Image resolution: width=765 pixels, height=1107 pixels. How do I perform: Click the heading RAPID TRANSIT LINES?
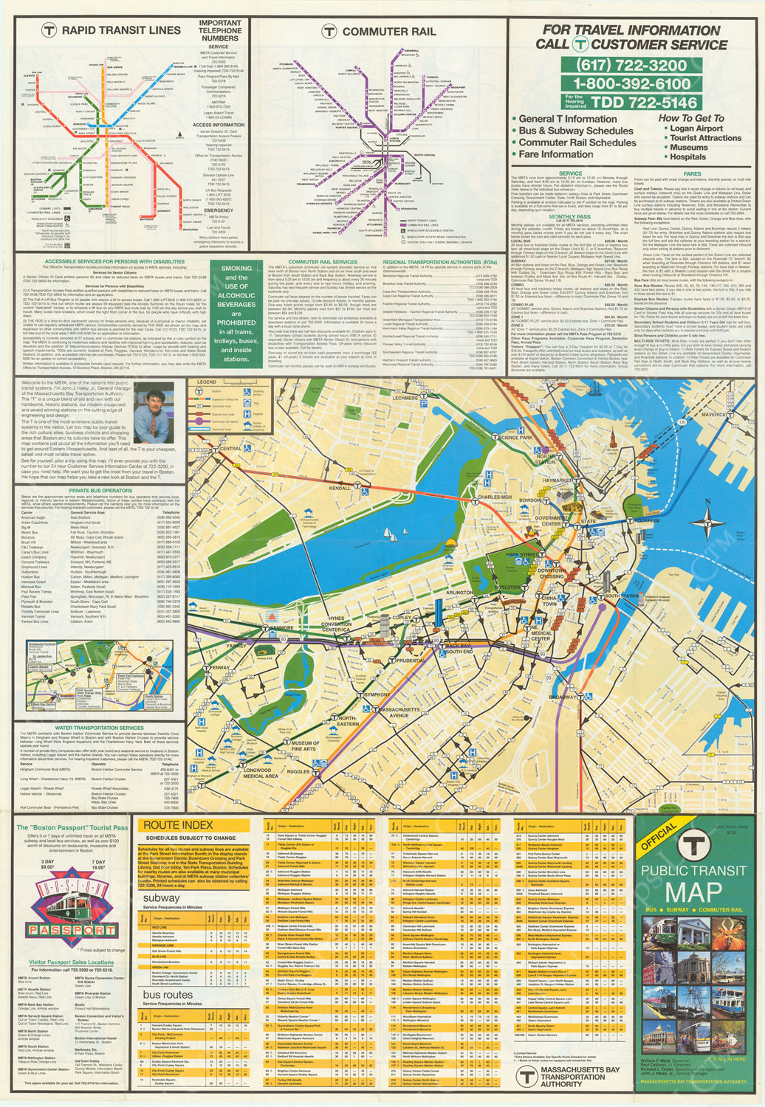[120, 30]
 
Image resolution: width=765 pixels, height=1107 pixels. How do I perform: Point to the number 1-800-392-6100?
[632, 84]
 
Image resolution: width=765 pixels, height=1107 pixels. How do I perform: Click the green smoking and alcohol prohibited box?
[236, 314]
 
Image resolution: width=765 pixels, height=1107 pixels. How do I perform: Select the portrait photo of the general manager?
[154, 413]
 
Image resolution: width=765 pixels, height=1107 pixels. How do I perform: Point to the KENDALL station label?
[340, 489]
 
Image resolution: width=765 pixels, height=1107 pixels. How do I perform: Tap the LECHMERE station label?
[405, 398]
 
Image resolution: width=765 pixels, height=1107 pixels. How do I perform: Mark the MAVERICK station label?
[713, 415]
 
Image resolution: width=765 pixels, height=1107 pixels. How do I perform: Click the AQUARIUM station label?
[646, 520]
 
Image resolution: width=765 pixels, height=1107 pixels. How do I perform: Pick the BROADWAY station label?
[563, 697]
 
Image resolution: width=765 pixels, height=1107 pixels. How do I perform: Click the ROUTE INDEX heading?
[178, 824]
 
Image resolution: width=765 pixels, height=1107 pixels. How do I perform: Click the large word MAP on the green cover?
[693, 891]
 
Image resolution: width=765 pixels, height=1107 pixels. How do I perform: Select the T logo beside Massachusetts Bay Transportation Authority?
[526, 1077]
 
